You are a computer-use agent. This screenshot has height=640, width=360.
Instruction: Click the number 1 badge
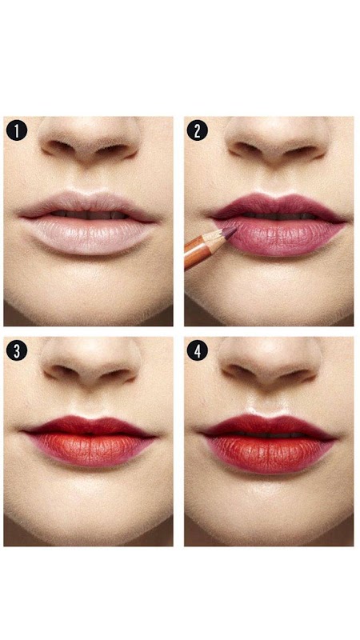[x=17, y=130]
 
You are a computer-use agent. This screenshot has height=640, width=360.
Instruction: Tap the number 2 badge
[x=197, y=130]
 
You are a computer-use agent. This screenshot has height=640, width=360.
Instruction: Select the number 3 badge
[x=17, y=350]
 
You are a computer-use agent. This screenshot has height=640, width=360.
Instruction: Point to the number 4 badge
[x=197, y=350]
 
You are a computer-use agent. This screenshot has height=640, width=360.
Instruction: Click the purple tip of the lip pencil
[x=230, y=232]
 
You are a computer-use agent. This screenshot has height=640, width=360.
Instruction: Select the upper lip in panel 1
[x=88, y=204]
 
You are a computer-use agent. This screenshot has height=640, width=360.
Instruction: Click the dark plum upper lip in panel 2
[x=278, y=206]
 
